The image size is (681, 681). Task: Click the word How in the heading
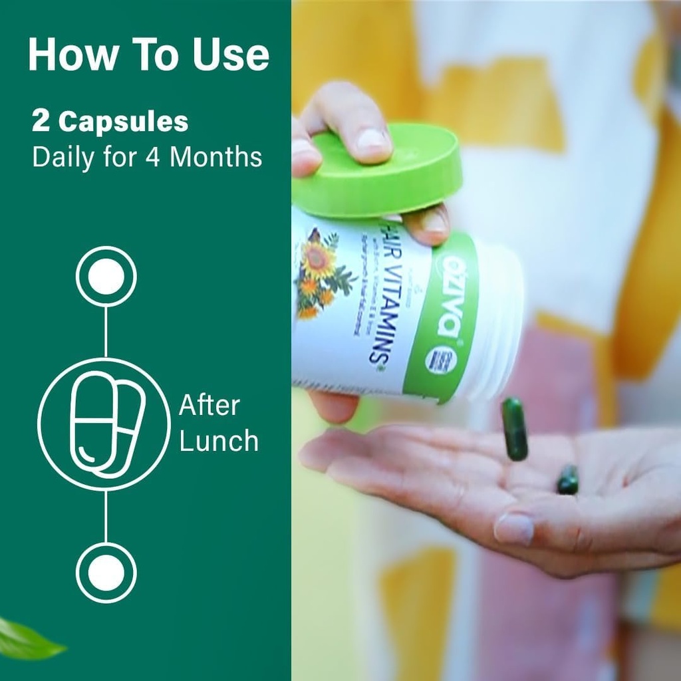tap(65, 56)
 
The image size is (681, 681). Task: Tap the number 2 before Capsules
tap(41, 122)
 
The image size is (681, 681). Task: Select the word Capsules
tap(123, 123)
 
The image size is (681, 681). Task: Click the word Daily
tap(64, 158)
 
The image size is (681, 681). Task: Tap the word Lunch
tap(219, 441)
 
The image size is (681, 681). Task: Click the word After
tap(209, 406)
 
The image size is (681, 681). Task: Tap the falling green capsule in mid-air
tap(514, 428)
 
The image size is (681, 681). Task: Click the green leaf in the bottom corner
tap(27, 638)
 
